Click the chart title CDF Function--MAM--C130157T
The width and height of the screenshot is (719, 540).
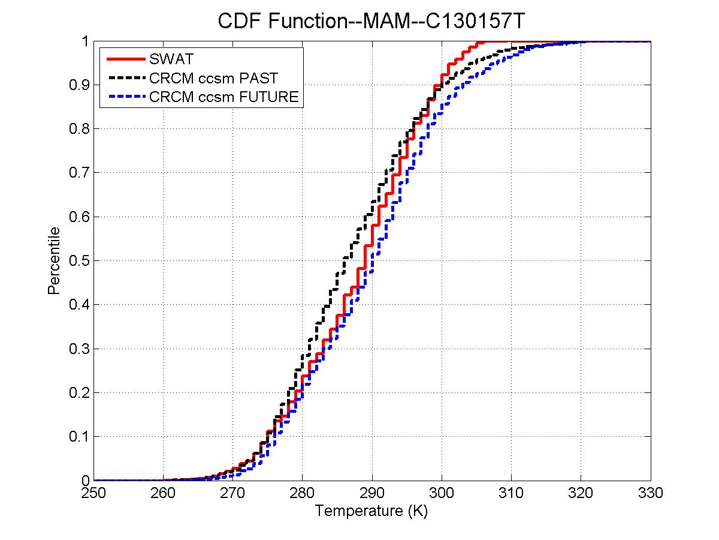(371, 22)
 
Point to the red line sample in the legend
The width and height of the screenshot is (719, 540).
(125, 59)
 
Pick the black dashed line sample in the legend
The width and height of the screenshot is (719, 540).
(125, 77)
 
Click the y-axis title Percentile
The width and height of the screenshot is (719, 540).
(54, 260)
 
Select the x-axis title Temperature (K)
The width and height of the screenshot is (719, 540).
(371, 511)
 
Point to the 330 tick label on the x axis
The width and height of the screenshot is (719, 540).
(651, 493)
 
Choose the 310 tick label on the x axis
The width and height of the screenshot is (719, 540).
(511, 493)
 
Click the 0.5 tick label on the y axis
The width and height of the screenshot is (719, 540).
(78, 261)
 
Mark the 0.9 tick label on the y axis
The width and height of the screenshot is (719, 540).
(78, 85)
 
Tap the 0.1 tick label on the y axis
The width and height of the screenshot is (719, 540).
(78, 437)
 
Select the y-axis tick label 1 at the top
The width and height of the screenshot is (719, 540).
(85, 41)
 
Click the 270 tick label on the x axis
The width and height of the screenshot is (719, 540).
(232, 493)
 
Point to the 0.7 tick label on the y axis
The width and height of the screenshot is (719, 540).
(78, 173)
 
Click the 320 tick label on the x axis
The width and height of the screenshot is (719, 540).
(581, 493)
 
